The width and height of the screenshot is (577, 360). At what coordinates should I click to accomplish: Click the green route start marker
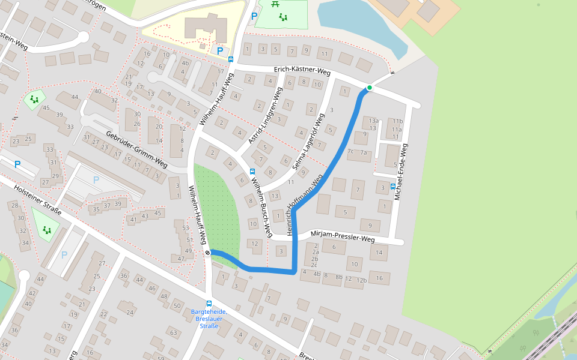(370, 88)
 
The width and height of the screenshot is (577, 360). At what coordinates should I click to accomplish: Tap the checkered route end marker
(207, 253)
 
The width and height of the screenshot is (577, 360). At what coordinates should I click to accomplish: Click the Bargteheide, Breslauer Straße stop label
(209, 319)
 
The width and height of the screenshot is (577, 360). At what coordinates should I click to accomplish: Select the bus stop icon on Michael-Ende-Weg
(393, 186)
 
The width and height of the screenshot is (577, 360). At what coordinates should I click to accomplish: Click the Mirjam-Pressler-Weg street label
(343, 236)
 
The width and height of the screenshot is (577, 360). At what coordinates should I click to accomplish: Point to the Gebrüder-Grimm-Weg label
(136, 148)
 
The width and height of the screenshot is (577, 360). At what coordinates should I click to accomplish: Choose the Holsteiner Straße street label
(37, 200)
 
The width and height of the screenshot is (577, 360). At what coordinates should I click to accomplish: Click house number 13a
(373, 121)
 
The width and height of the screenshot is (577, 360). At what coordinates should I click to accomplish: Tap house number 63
(173, 332)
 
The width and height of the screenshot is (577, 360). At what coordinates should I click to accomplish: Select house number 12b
(361, 280)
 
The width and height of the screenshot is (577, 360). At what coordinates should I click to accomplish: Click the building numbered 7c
(350, 152)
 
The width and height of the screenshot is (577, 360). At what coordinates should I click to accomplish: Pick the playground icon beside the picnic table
(282, 17)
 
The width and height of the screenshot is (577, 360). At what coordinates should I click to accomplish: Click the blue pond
(355, 24)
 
